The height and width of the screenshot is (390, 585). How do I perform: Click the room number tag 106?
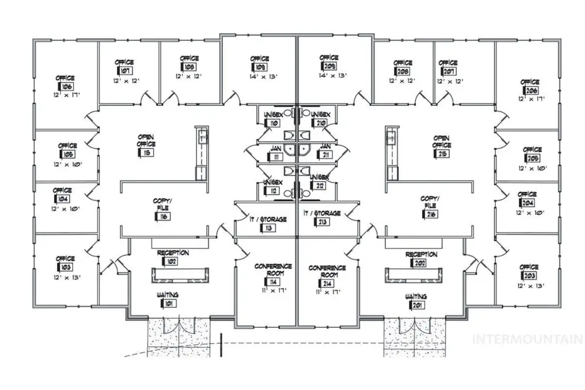tap(66, 86)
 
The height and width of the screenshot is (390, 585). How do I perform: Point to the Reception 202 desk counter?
tap(414, 275)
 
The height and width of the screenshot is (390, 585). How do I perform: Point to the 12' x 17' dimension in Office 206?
tap(531, 99)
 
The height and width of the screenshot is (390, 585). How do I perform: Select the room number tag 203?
tap(530, 276)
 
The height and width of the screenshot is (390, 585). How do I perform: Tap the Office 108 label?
tap(189, 58)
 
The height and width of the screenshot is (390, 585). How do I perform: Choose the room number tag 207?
tap(449, 71)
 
